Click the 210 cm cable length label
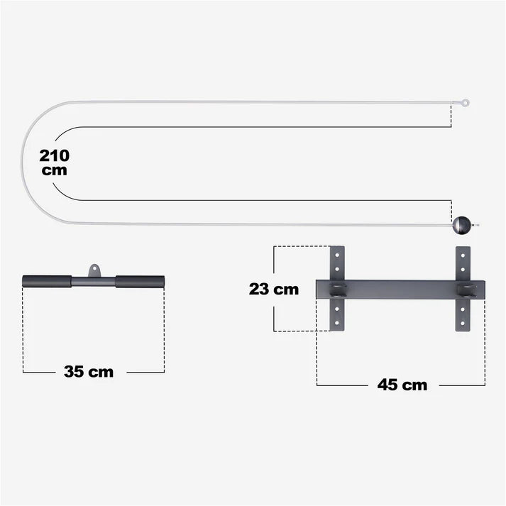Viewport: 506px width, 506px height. [55, 163]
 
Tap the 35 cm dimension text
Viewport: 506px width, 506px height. [88, 371]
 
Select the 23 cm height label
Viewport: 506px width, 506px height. [274, 289]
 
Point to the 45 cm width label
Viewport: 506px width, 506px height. [402, 385]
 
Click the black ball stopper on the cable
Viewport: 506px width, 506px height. [461, 226]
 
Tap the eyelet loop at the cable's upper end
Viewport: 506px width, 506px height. [465, 103]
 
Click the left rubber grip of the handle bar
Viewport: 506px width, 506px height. [46, 282]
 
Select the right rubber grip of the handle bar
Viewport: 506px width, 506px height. [141, 282]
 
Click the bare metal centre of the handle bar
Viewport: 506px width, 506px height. [94, 282]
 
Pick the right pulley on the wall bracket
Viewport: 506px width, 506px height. [466, 290]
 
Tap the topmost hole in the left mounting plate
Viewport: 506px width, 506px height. [337, 253]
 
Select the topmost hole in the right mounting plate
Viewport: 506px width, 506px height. [463, 253]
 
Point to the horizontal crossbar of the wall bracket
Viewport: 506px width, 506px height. [401, 290]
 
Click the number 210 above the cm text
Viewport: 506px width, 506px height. [55, 155]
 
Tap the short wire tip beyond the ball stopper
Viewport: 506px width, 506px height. [475, 226]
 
